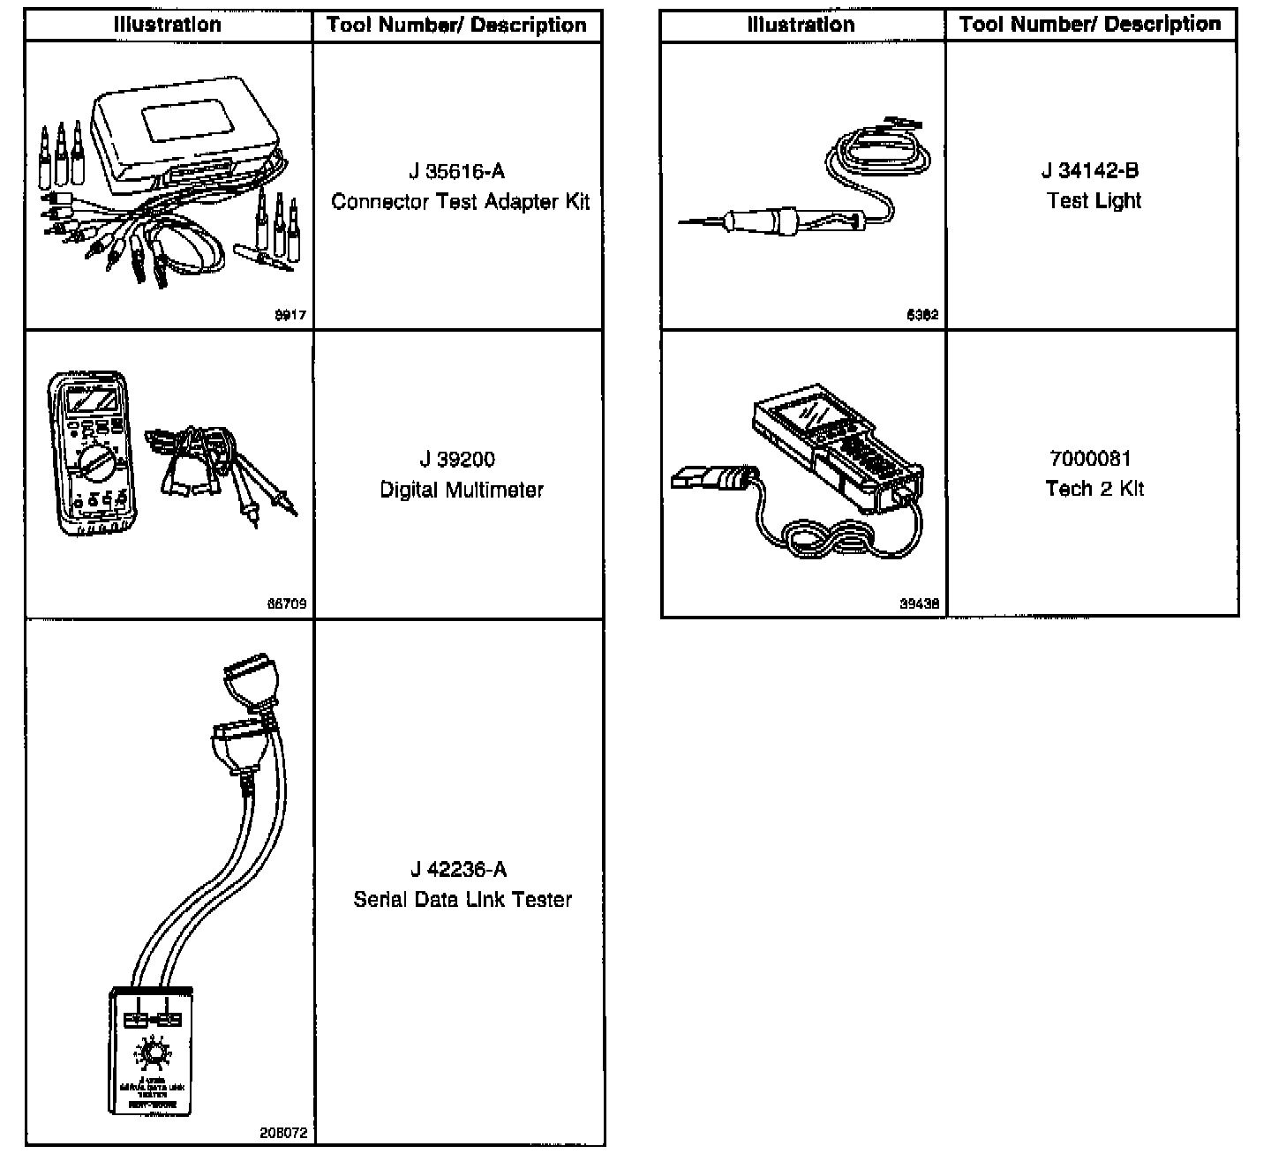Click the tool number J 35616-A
click(457, 171)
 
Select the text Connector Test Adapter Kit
click(460, 202)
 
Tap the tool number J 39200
click(457, 460)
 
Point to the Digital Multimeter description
click(461, 490)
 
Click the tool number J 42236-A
click(459, 870)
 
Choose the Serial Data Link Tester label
click(463, 900)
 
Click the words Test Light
click(1094, 201)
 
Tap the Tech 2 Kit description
click(1094, 489)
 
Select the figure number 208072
click(283, 1133)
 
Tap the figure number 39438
click(919, 604)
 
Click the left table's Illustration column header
click(168, 25)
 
